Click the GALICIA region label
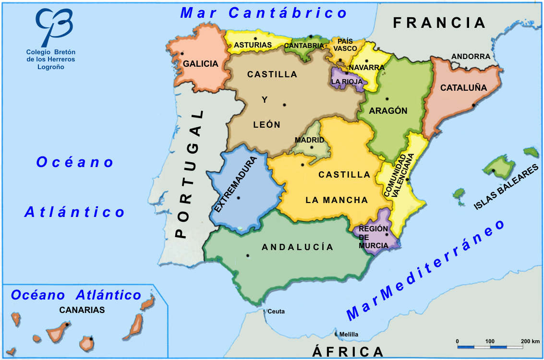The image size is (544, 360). [x=200, y=63]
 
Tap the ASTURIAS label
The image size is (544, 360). [x=253, y=45]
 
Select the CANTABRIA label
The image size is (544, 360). [x=304, y=46]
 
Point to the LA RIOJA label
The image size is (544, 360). [x=347, y=82]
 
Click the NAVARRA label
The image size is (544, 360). [x=367, y=68]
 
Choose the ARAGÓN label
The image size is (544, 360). [x=388, y=111]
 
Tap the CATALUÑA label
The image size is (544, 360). [x=463, y=88]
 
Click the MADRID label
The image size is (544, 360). [x=309, y=140]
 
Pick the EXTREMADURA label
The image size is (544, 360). [x=236, y=184]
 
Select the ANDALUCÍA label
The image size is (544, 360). [x=297, y=247]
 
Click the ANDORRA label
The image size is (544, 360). [x=471, y=57]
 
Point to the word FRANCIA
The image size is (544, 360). [x=439, y=23]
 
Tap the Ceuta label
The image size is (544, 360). [x=276, y=312]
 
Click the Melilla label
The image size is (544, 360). [x=349, y=335]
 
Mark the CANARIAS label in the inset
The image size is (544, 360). [x=82, y=310]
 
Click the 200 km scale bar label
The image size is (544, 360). [x=531, y=341]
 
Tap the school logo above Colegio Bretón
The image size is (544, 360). [x=54, y=26]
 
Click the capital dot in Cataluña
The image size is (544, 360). [x=473, y=105]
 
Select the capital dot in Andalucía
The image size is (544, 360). [x=248, y=255]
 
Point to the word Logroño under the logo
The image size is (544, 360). [x=50, y=67]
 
